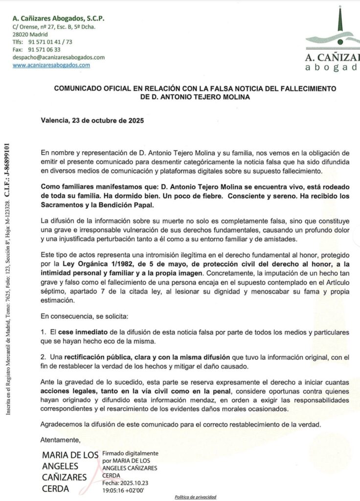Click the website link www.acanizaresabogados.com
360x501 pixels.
(51, 65)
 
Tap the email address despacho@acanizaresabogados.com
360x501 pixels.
(59, 57)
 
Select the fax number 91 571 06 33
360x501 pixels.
(45, 49)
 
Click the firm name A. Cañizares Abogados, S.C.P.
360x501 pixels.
(58, 18)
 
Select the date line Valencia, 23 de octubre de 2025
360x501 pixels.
(92, 120)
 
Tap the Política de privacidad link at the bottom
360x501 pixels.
(196, 497)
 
